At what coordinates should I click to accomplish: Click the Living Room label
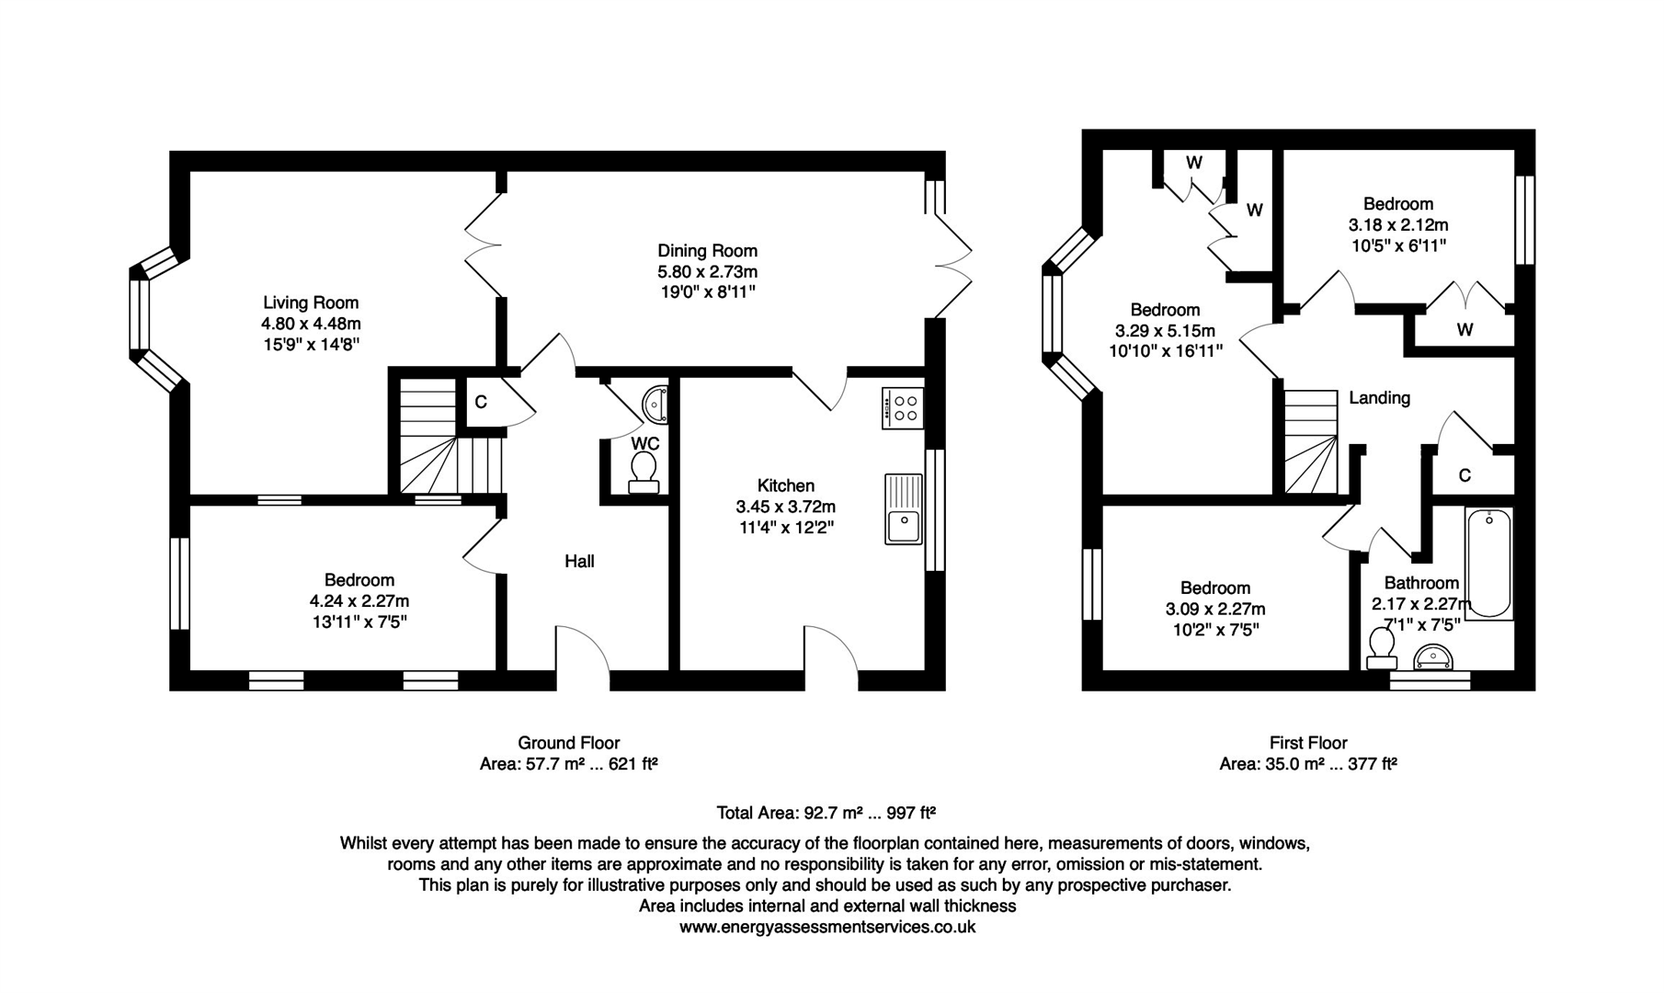311,302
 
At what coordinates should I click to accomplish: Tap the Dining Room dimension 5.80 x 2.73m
707,272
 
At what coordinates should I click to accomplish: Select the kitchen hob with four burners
903,407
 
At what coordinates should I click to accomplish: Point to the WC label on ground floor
644,443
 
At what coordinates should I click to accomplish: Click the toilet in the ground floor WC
644,472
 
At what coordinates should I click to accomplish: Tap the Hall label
579,561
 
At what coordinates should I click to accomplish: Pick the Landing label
1379,398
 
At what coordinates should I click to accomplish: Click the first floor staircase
1311,441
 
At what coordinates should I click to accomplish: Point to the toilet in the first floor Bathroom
1382,647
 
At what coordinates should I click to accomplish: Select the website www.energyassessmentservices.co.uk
827,927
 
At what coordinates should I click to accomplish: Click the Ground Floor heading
568,743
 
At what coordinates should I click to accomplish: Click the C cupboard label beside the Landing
1465,475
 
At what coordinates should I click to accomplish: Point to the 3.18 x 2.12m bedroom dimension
1397,225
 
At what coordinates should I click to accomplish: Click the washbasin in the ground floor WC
656,403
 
